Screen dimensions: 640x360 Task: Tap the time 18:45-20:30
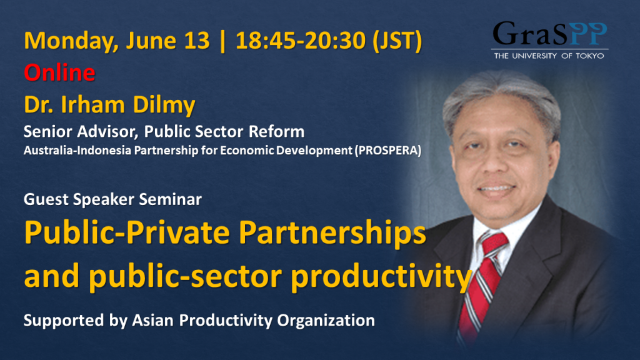[301, 41]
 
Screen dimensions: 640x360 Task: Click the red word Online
[59, 72]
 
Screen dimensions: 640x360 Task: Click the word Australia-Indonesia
[77, 151]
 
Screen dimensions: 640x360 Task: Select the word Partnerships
[332, 233]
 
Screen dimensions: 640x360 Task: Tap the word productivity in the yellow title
[381, 277]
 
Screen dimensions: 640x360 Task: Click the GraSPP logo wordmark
[549, 34]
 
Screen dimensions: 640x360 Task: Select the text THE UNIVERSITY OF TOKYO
[549, 56]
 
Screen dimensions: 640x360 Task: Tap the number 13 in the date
[197, 41]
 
